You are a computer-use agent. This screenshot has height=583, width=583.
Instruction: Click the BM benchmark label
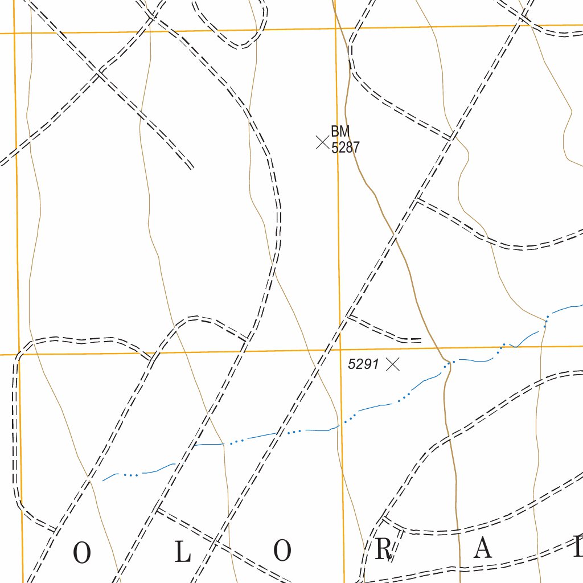340,132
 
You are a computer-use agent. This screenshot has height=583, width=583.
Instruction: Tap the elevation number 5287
345,147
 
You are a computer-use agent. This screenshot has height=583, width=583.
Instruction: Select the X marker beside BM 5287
322,142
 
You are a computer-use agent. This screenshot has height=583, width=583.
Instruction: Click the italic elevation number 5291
363,364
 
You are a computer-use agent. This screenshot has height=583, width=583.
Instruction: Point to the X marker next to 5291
393,364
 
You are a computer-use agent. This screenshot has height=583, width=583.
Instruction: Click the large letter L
182,552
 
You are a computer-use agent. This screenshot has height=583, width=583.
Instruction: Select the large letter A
483,549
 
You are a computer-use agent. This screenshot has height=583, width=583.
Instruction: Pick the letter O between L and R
283,551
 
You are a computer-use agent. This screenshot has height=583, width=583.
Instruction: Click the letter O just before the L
82,553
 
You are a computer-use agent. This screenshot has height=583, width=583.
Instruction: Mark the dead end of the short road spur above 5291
421,340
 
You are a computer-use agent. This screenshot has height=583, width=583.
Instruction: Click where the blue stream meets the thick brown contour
449,362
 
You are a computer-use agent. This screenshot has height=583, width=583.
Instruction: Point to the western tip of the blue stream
103,481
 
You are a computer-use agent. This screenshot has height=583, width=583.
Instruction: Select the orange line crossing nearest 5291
340,350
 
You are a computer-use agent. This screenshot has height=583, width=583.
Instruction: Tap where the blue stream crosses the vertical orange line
341,424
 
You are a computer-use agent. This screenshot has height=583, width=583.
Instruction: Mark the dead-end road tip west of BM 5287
191,168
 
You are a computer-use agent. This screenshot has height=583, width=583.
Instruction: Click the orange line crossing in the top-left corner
15,33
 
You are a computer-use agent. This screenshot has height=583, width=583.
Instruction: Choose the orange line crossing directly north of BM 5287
335,28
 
